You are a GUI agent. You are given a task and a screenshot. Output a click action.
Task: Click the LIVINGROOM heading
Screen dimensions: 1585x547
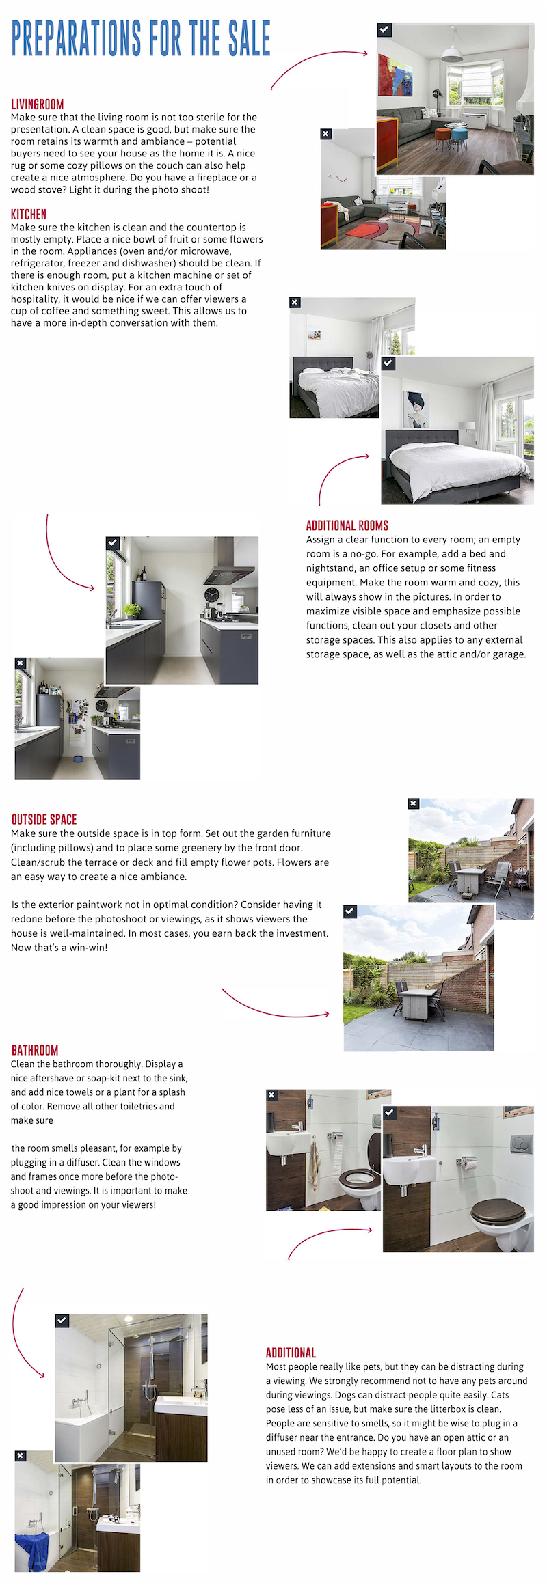coord(37,105)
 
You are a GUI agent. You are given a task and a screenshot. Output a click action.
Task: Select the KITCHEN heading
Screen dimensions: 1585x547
coord(29,215)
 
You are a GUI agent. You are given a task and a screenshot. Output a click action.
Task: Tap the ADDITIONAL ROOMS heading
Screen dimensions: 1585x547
coord(347,525)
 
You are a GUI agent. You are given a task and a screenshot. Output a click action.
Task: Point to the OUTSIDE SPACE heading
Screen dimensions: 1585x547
coord(44,820)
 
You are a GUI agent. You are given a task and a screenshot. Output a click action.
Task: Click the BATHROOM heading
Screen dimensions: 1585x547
coord(35,1050)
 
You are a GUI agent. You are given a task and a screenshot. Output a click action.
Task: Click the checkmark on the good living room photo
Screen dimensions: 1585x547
coord(384,30)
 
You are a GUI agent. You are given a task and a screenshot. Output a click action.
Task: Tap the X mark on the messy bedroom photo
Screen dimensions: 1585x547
coord(295,302)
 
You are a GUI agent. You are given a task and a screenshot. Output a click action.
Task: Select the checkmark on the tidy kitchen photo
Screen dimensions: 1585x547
coord(113,542)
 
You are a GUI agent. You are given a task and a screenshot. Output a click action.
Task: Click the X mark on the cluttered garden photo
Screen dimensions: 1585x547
coord(413,803)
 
